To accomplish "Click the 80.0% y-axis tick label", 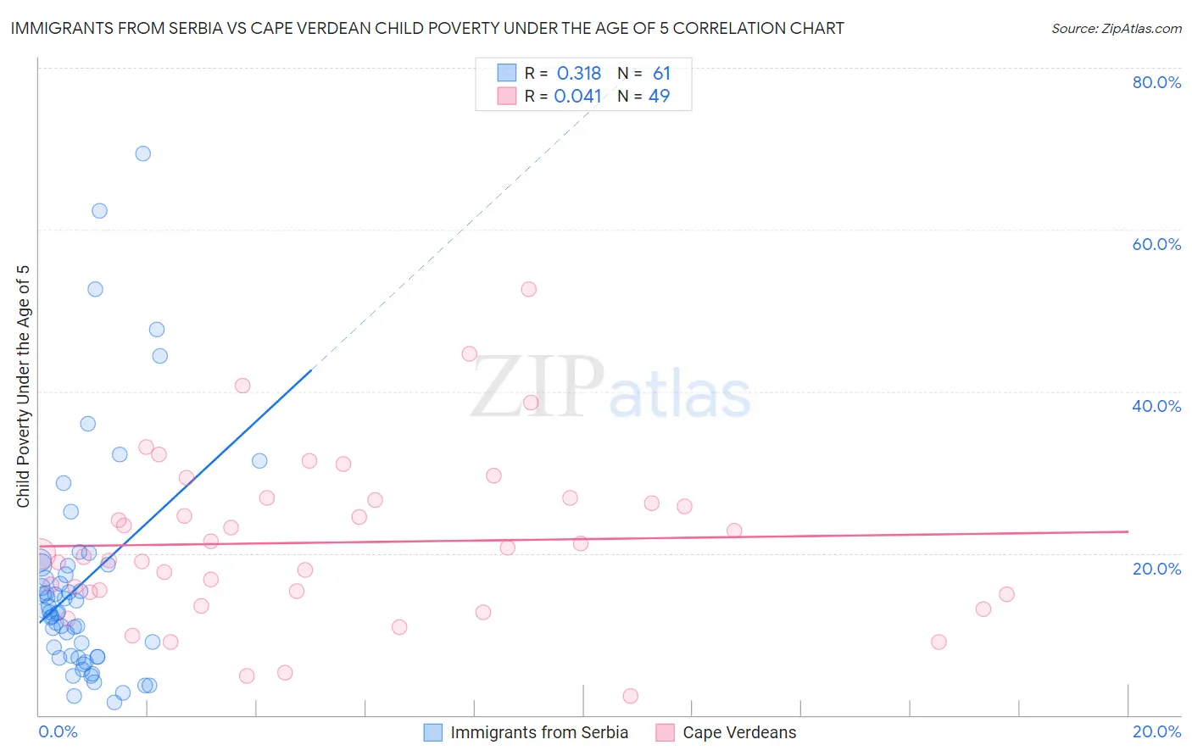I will (x=1156, y=82).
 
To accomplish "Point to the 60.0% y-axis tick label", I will (x=1156, y=244).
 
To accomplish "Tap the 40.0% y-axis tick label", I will (x=1156, y=406).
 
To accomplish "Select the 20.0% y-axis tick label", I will (x=1156, y=569).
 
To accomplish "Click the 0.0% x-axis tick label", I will (x=58, y=731).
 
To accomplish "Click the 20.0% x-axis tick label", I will (x=1156, y=731).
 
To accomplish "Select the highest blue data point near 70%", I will (x=143, y=153).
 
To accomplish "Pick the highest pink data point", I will (x=529, y=289).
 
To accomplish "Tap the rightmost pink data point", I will (x=1006, y=594).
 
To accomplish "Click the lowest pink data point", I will (x=630, y=696).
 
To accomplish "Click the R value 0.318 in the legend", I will (x=578, y=74).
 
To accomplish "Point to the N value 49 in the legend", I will (x=659, y=97).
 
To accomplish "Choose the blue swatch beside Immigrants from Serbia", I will (x=433, y=732).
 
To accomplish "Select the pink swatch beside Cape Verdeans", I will (x=666, y=732).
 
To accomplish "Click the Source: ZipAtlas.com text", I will (x=1116, y=29).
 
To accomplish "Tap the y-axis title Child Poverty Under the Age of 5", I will (x=24, y=386).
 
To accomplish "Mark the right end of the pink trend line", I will (x=1128, y=531).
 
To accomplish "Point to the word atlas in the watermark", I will (x=680, y=395).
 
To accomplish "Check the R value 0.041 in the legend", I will (x=577, y=97).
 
